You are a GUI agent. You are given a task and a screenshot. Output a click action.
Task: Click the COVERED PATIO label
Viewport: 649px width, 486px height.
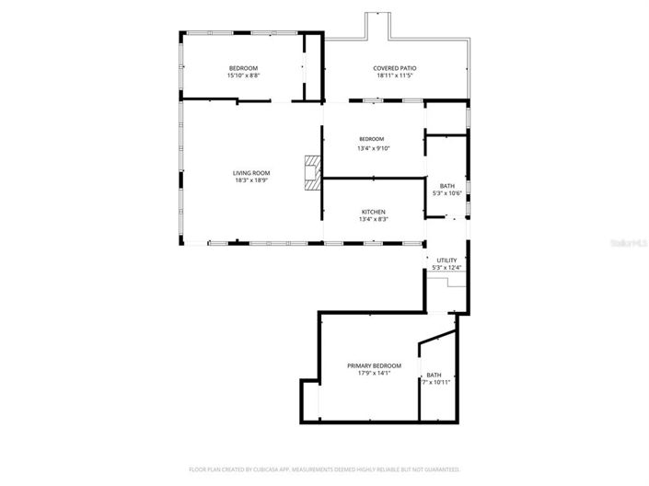click(394, 68)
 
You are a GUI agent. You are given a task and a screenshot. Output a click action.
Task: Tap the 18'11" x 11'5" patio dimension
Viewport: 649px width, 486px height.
click(394, 75)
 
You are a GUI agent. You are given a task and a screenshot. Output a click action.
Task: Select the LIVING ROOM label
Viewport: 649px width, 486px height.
click(250, 173)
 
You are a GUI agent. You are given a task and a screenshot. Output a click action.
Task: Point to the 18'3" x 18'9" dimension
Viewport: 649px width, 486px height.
click(250, 180)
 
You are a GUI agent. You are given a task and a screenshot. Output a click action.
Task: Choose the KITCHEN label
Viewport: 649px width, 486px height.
click(372, 212)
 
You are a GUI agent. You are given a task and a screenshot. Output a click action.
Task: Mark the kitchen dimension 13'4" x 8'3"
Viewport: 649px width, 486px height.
click(372, 219)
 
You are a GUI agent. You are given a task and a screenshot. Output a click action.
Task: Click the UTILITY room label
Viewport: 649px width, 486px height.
click(446, 260)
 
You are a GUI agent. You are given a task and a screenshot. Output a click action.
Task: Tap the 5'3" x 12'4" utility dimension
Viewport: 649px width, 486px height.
click(446, 268)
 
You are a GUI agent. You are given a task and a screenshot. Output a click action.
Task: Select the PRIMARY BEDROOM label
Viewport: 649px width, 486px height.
click(374, 365)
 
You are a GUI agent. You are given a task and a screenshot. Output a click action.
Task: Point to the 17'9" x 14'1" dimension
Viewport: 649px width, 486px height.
click(374, 373)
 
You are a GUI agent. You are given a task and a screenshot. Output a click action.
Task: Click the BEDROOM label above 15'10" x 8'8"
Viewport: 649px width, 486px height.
click(243, 68)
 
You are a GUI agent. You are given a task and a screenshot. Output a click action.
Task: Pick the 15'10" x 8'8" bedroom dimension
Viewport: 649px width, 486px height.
click(243, 75)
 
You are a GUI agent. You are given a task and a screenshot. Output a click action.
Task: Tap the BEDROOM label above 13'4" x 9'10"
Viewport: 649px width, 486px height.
click(372, 139)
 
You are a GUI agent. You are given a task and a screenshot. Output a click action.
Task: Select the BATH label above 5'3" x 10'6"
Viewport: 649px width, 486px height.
click(446, 186)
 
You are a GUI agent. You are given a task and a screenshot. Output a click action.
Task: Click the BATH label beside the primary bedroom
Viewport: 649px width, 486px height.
click(434, 375)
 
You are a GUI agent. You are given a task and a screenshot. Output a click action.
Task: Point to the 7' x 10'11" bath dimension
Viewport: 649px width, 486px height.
click(436, 382)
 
